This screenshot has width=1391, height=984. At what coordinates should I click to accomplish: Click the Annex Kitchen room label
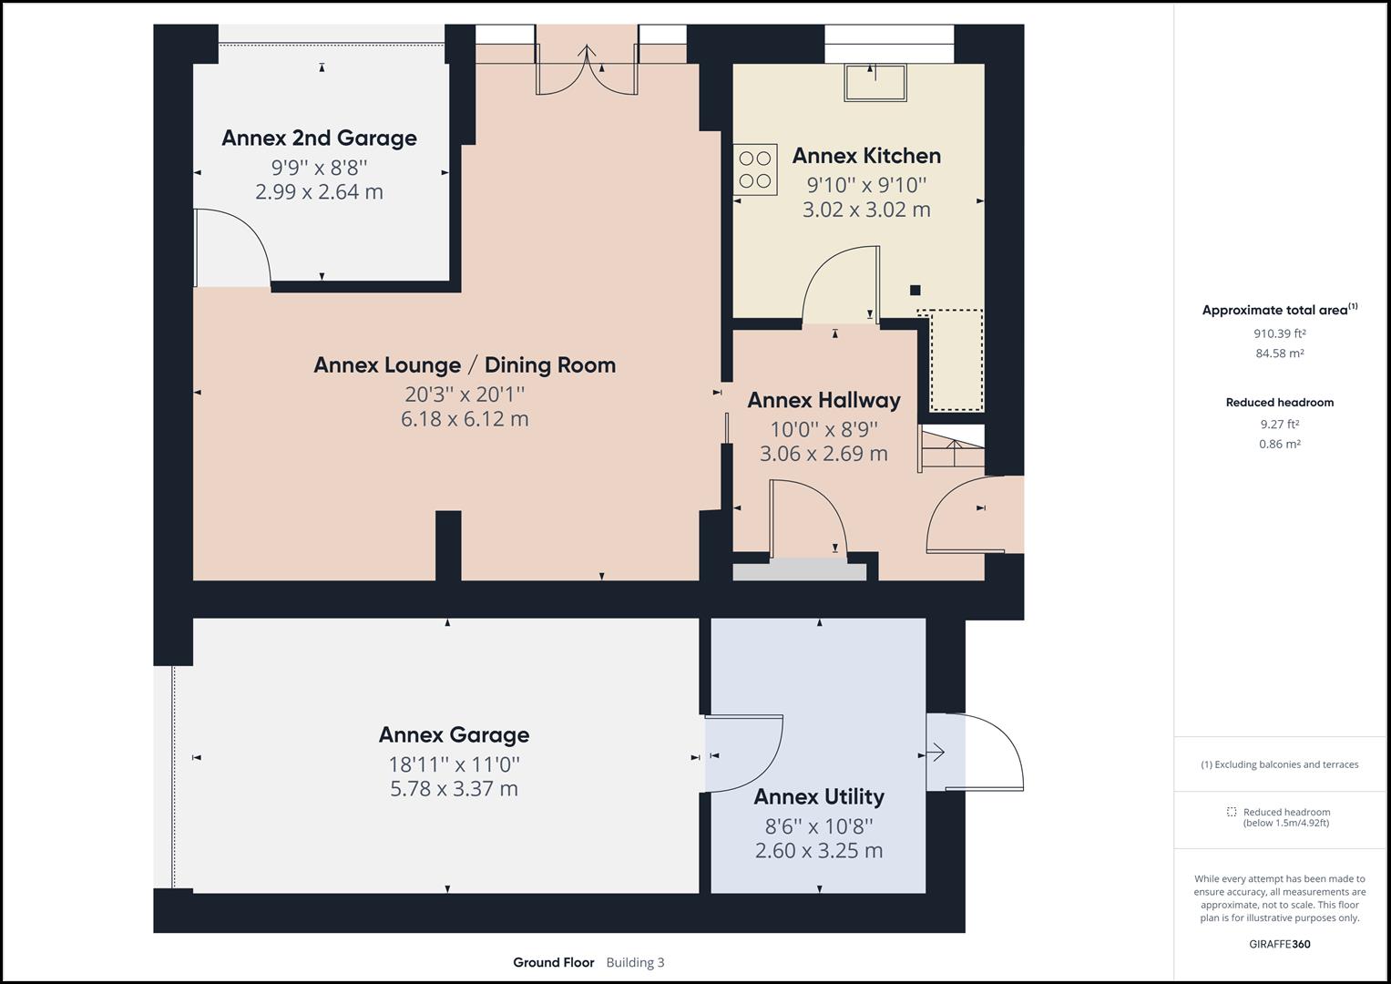click(x=866, y=156)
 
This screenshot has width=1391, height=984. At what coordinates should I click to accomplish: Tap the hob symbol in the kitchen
click(x=756, y=169)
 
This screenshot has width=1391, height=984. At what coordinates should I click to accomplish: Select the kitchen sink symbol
click(x=875, y=83)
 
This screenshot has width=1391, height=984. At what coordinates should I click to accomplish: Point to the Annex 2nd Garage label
click(x=319, y=138)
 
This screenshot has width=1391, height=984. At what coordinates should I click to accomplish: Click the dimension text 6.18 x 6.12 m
click(x=465, y=419)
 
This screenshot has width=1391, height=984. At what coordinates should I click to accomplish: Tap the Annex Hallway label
click(x=823, y=400)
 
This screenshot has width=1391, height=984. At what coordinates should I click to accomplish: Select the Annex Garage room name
click(x=454, y=734)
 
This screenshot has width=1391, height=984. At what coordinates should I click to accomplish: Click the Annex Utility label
click(x=819, y=797)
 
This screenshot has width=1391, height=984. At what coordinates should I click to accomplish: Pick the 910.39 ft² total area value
click(x=1279, y=333)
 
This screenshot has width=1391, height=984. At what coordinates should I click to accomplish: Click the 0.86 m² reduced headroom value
click(x=1279, y=445)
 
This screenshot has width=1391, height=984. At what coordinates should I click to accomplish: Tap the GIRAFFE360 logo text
click(x=1279, y=944)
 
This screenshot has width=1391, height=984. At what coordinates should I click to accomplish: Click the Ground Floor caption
click(x=553, y=962)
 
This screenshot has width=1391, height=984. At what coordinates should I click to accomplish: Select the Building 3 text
click(x=635, y=962)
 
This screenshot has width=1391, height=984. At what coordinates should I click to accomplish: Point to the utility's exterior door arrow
click(x=936, y=753)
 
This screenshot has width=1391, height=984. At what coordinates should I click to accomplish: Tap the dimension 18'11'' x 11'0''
click(x=454, y=764)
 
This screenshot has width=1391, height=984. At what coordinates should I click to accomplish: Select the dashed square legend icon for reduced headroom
click(x=1232, y=812)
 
